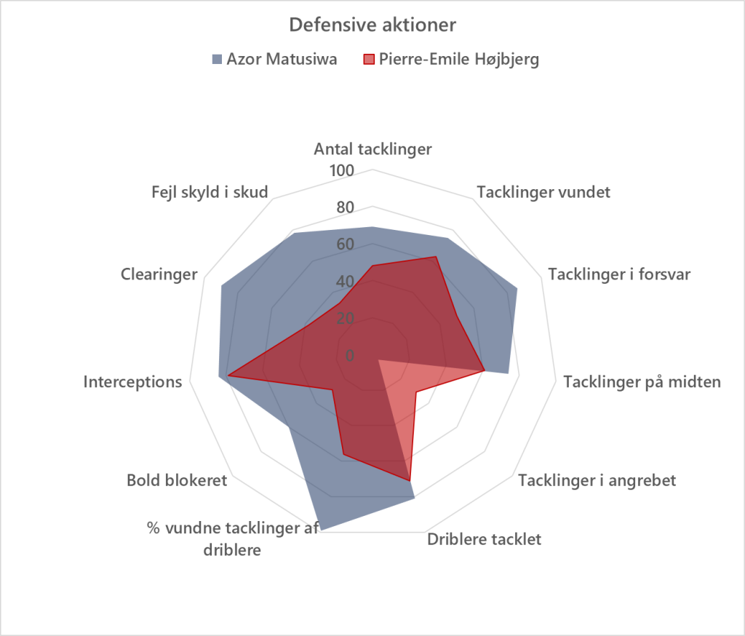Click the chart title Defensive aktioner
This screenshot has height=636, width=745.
(x=372, y=25)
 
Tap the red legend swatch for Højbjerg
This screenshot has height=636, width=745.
(x=370, y=60)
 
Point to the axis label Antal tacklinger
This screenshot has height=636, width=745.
(x=372, y=150)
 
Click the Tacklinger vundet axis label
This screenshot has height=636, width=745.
(x=543, y=193)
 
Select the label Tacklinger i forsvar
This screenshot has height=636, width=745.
(x=619, y=274)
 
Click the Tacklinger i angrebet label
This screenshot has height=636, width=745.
(x=597, y=480)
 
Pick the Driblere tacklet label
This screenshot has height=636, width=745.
(x=484, y=539)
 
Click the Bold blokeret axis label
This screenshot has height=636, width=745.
(x=177, y=480)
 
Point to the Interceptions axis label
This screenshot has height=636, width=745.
(x=132, y=381)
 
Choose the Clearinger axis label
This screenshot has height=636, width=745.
(x=159, y=274)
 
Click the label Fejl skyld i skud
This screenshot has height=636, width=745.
(x=210, y=193)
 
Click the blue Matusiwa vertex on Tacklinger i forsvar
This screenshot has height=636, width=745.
(x=517, y=290)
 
